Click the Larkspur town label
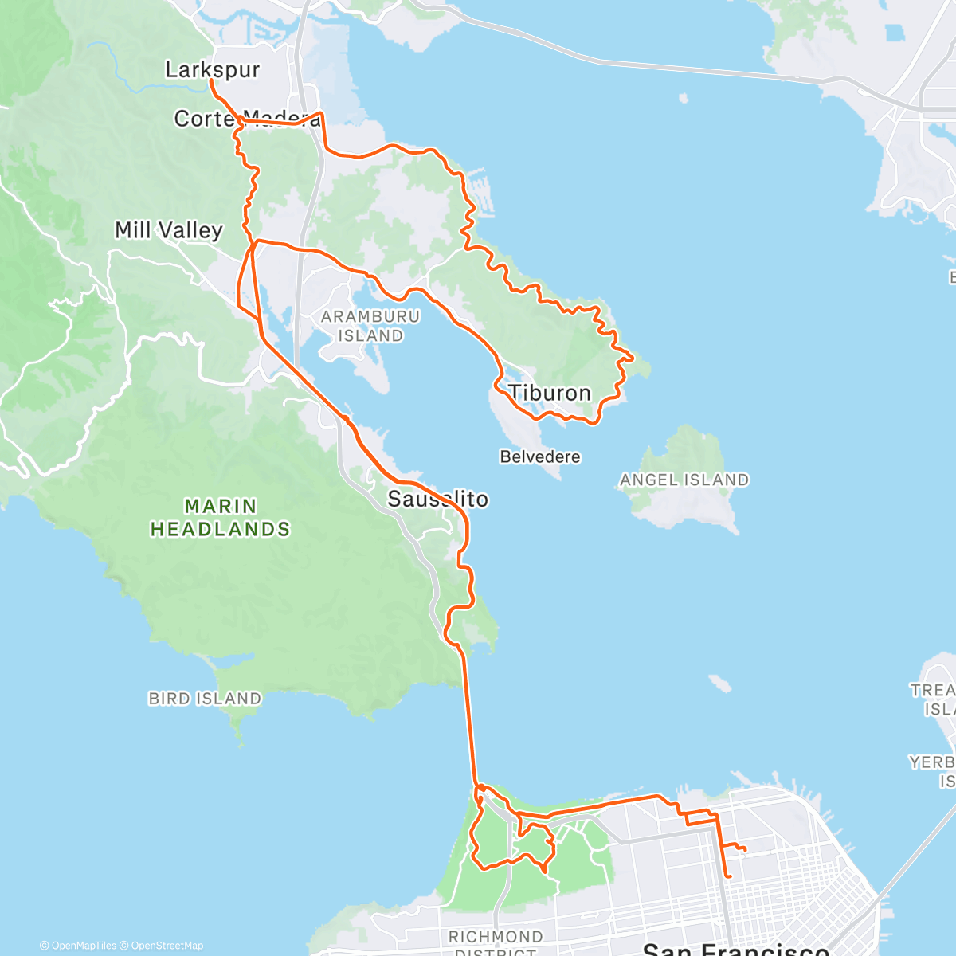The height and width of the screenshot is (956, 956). [212, 69]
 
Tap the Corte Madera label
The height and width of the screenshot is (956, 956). [247, 119]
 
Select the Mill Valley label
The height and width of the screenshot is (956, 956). [169, 230]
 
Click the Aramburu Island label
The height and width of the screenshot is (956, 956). [370, 326]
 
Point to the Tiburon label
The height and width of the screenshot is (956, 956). [550, 393]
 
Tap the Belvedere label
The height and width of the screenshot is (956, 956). [540, 457]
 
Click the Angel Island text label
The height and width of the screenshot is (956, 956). [684, 480]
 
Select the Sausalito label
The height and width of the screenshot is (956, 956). [437, 500]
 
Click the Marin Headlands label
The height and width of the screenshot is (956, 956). [221, 518]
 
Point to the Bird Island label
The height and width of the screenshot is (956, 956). [205, 699]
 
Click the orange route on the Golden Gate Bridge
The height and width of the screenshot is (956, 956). [469, 717]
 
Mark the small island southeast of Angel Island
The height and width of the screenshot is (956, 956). [719, 683]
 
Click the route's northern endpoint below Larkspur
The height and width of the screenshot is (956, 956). [211, 80]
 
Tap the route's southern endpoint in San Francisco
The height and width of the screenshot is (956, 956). [728, 876]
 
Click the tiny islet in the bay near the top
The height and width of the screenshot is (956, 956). [684, 99]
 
